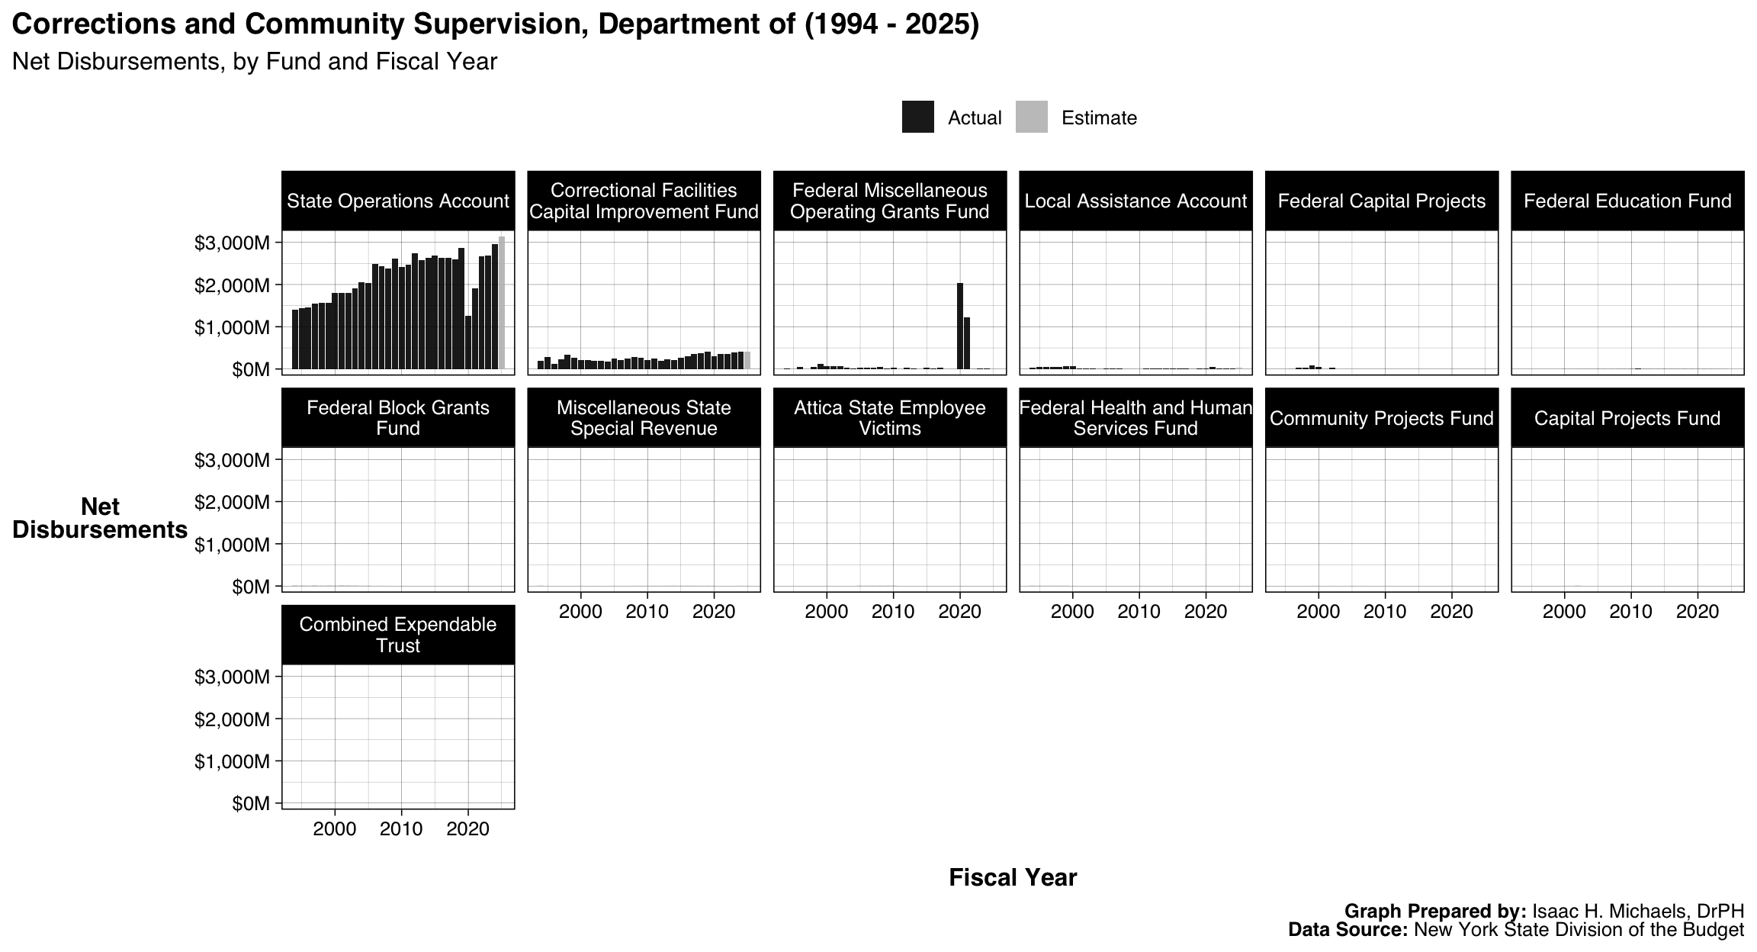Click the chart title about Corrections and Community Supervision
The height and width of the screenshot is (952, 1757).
click(x=496, y=24)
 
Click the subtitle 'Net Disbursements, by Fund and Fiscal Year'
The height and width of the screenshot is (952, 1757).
click(x=255, y=62)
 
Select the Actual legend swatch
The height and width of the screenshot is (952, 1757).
click(x=917, y=117)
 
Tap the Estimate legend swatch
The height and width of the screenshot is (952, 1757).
click(x=1031, y=117)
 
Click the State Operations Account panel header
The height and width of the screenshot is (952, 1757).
click(x=397, y=201)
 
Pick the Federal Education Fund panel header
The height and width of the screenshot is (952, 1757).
click(x=1627, y=201)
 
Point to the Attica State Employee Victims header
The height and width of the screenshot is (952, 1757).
click(x=889, y=418)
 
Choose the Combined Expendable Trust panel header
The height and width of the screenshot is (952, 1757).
click(x=397, y=635)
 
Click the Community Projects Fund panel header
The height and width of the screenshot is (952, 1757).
click(x=1381, y=418)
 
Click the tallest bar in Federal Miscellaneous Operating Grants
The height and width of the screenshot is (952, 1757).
click(x=960, y=326)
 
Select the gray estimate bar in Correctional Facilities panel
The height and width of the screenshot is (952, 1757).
click(x=747, y=361)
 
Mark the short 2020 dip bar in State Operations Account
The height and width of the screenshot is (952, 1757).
click(x=468, y=343)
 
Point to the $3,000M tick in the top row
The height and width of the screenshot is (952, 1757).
click(x=232, y=243)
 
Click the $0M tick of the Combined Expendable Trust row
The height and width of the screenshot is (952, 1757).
click(x=251, y=804)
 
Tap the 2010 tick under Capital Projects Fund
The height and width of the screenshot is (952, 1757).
click(x=1630, y=612)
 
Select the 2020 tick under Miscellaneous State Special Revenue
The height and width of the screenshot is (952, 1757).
click(x=714, y=612)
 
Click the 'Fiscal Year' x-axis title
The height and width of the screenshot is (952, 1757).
click(x=1013, y=878)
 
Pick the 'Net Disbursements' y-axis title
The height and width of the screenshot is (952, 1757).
click(x=100, y=518)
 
